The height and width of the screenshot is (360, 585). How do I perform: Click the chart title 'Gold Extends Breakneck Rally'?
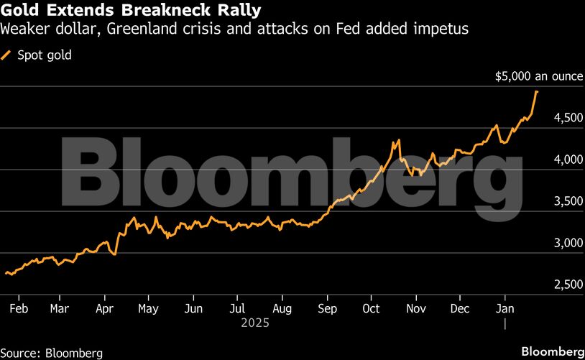[x=131, y=11]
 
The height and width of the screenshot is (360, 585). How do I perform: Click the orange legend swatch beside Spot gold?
[x=8, y=55]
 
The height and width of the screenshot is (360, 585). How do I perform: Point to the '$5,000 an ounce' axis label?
[x=538, y=76]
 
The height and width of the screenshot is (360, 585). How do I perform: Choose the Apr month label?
[x=105, y=309]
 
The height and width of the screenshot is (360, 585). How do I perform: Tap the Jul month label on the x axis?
[x=237, y=309]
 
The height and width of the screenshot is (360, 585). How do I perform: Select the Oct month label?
[x=371, y=309]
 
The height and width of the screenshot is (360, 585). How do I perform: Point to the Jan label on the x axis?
[x=505, y=309]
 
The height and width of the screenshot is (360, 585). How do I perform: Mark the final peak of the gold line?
[x=537, y=91]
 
